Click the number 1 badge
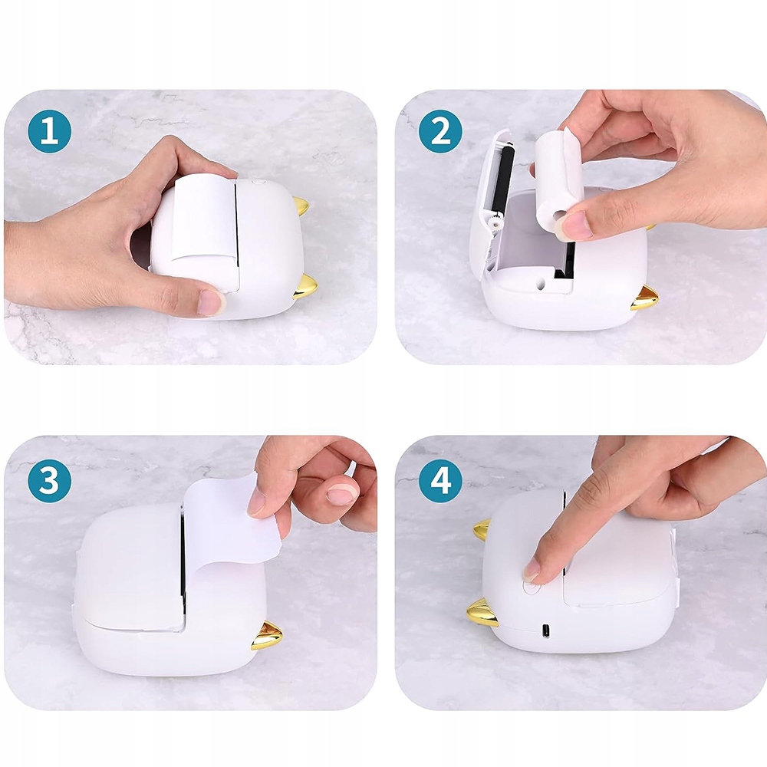[49, 132]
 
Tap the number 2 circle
[440, 132]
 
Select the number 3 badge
[49, 480]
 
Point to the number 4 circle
[440, 480]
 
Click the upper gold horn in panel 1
[301, 206]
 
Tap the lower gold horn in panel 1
[305, 286]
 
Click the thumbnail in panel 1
[210, 302]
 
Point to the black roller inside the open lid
[505, 180]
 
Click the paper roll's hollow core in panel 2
[558, 216]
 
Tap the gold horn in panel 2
[644, 298]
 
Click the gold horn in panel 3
[267, 635]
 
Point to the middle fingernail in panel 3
[341, 495]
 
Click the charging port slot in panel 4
[546, 631]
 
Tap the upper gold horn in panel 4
[482, 530]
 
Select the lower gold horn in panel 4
[482, 612]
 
